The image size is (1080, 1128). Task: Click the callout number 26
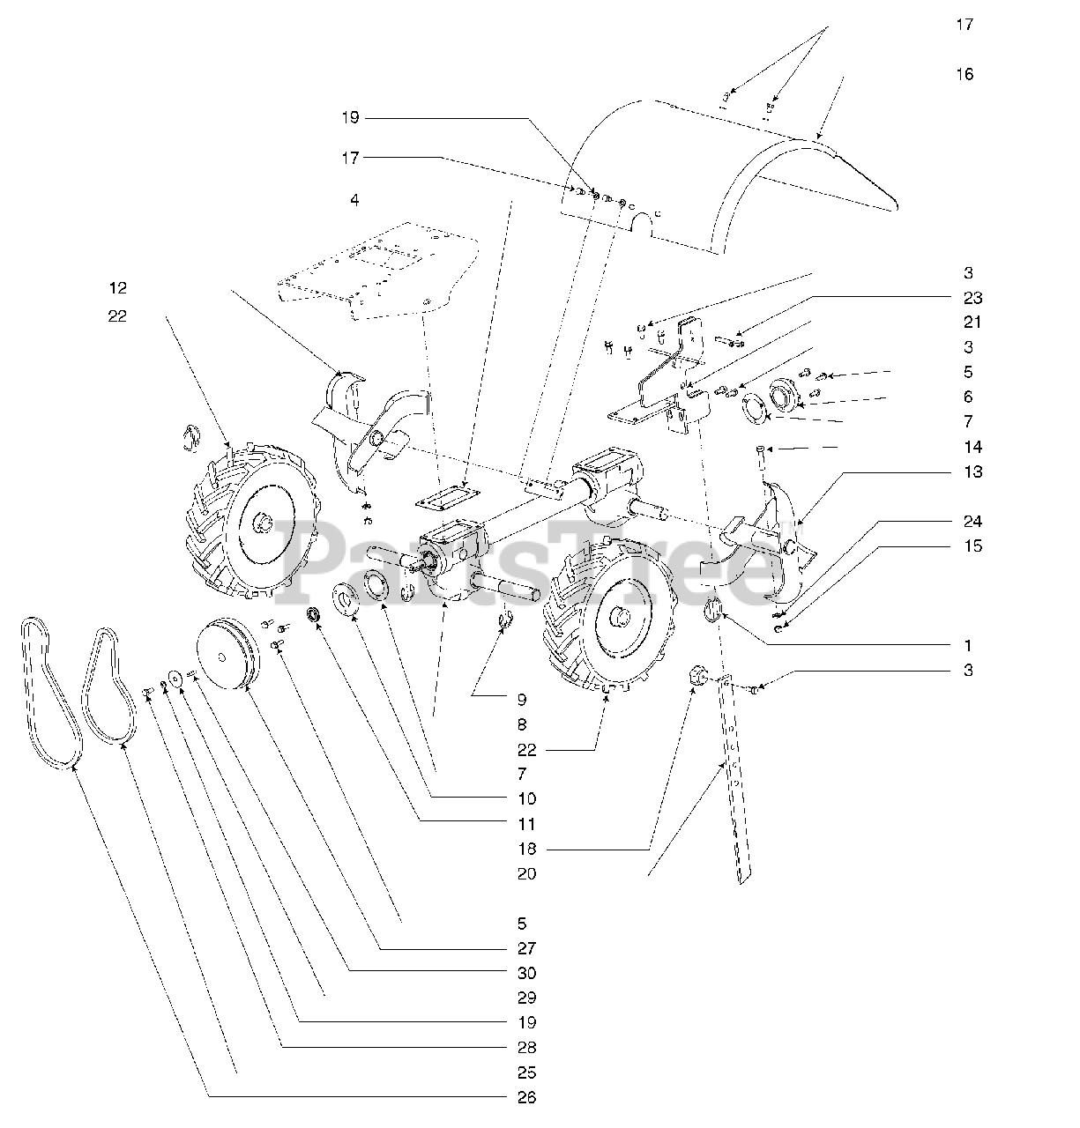(526, 1097)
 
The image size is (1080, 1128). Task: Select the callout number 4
(354, 200)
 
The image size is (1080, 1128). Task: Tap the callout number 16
(965, 74)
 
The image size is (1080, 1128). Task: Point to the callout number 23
(972, 298)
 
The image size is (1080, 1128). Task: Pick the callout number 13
(972, 471)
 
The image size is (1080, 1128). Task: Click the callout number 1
(968, 645)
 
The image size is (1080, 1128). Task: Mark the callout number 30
(526, 973)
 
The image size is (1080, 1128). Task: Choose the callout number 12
(117, 288)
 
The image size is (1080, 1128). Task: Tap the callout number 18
(526, 850)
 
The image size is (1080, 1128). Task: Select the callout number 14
(972, 447)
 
